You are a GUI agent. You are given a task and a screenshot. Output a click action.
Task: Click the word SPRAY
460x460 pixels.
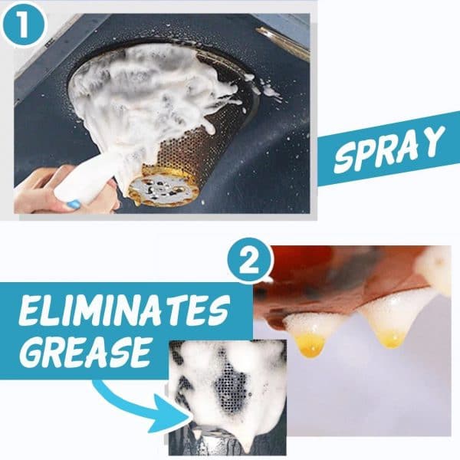click(389, 149)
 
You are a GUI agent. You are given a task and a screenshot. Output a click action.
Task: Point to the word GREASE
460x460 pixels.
click(84, 350)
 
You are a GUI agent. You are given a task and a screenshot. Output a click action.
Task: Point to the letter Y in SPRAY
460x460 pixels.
click(434, 140)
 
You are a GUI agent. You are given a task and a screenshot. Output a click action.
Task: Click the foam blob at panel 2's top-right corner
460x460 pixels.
click(437, 268)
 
